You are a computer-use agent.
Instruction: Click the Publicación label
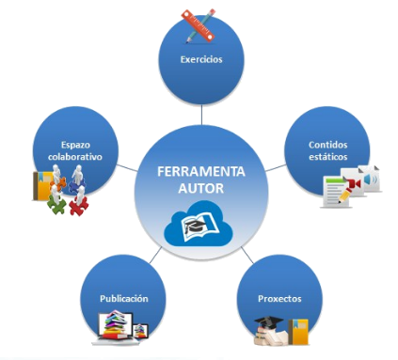[x=124, y=298]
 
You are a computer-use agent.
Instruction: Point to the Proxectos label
[x=279, y=298]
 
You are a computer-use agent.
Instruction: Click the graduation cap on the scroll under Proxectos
[x=269, y=325]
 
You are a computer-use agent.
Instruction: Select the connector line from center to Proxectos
[x=246, y=254]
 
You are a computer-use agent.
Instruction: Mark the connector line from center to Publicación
[x=152, y=257]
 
